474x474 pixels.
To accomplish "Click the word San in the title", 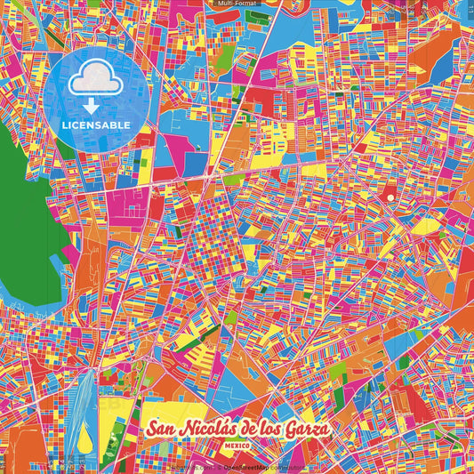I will pos(161,429).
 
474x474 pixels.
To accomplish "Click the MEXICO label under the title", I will pos(237,444).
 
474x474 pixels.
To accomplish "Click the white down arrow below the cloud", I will pos(95,108).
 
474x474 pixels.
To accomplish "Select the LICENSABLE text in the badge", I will pos(95,125).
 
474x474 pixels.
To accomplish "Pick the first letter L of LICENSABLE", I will pos(64,125).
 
